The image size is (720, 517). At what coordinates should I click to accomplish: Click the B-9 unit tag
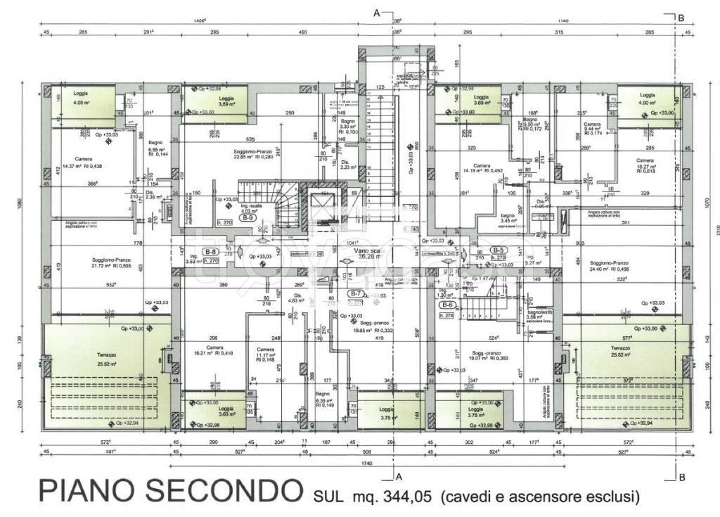coord(247,219)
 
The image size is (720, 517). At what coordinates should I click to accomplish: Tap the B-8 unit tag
coord(210,252)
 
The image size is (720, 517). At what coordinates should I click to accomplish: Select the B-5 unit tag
coord(499,250)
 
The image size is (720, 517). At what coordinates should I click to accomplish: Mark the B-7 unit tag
coord(356,293)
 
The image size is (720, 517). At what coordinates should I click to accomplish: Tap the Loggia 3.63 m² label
coord(226,412)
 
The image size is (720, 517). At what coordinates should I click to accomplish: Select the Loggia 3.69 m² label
coord(481,101)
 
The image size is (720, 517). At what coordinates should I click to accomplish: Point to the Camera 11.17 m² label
coord(265,354)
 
